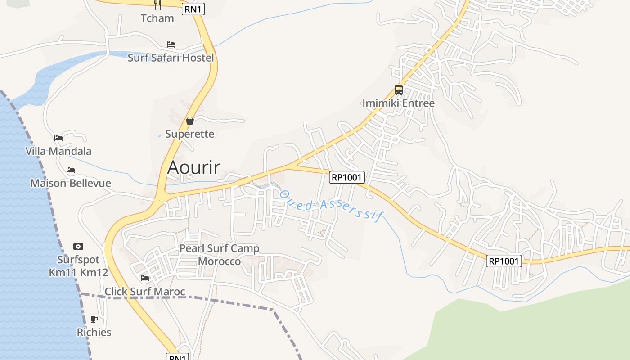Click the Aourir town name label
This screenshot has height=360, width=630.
click(193, 167)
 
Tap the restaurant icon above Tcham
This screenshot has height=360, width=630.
click(157, 4)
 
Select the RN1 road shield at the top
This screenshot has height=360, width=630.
click(193, 9)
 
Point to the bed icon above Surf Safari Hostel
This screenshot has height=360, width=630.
click(171, 44)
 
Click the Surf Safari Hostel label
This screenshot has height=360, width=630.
click(171, 58)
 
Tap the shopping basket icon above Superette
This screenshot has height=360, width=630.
click(190, 121)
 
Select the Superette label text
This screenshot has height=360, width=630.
click(189, 134)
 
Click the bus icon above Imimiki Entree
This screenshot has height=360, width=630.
click(399, 90)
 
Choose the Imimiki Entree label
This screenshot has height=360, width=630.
click(399, 103)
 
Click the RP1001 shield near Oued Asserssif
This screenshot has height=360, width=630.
click(346, 177)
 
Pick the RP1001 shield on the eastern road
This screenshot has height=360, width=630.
click(504, 261)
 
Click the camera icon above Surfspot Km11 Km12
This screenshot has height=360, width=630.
click(78, 246)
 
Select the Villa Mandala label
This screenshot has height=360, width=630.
click(58, 151)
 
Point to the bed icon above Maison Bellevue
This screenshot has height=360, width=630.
click(71, 170)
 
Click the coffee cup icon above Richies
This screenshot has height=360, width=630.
click(94, 319)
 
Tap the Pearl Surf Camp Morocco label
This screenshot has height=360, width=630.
click(219, 255)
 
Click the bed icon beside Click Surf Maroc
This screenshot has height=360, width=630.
click(145, 278)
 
